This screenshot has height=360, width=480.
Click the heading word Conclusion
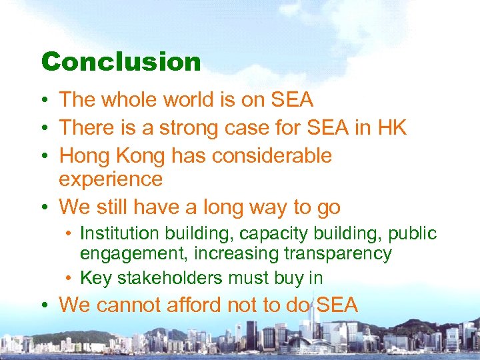tap(121, 62)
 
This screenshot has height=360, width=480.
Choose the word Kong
tap(139, 156)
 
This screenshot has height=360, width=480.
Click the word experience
tap(111, 179)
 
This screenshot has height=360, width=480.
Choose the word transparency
tap(337, 255)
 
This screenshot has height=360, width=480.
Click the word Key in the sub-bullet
tap(95, 279)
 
